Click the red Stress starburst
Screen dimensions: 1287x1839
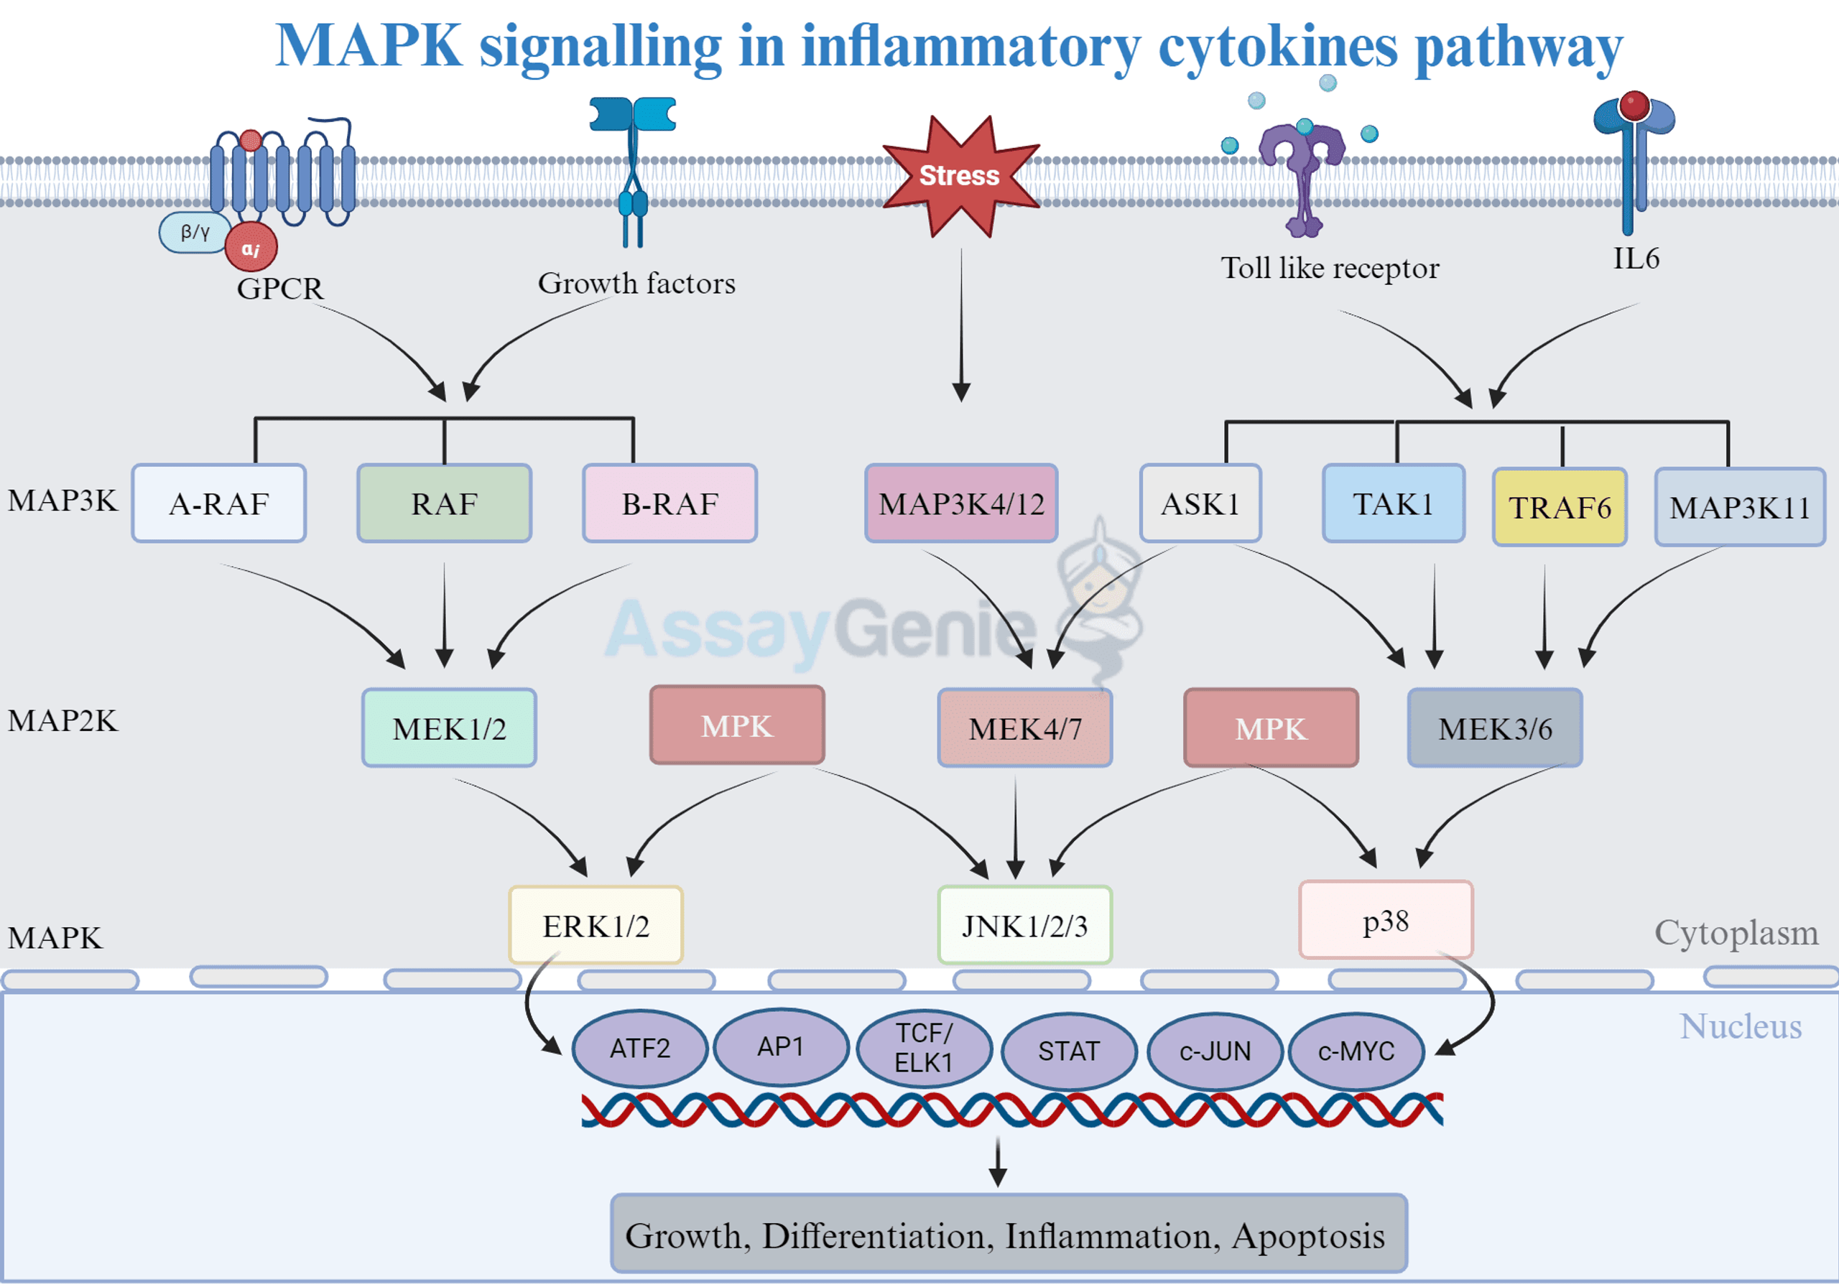(960, 176)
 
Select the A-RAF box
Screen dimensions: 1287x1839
(218, 503)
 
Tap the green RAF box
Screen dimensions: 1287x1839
(445, 503)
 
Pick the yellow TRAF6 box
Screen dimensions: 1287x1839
(1560, 508)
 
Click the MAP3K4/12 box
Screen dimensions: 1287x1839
(961, 503)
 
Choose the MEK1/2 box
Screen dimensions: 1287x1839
(450, 728)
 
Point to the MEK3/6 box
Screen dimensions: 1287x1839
(1495, 728)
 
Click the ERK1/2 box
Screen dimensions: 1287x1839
(596, 925)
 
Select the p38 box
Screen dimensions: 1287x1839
(1386, 920)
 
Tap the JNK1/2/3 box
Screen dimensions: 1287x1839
(1024, 925)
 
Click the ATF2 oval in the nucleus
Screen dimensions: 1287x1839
(640, 1048)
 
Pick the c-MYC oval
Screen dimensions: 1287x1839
(1356, 1050)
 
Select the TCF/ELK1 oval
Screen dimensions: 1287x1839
(924, 1048)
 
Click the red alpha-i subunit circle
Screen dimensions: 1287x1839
(251, 248)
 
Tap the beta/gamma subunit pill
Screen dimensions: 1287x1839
(195, 233)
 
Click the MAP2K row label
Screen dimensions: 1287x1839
(62, 721)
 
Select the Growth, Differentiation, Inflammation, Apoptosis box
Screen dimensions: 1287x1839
(1009, 1234)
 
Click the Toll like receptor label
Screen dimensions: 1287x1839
(1330, 269)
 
